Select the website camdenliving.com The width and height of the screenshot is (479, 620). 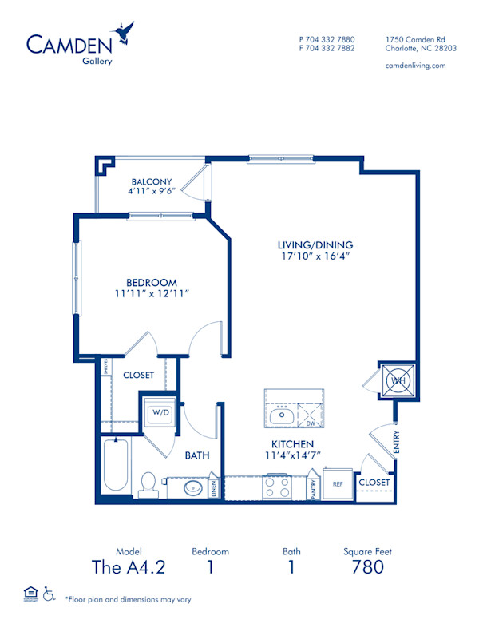coord(415,66)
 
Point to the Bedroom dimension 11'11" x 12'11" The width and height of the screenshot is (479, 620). coord(151,293)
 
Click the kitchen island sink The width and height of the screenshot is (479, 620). coord(282,415)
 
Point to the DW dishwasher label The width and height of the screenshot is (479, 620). coord(311,424)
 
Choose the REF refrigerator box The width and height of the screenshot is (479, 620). coord(338,483)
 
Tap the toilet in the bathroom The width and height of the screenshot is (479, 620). coord(148,483)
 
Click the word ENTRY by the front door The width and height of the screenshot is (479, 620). coord(397,443)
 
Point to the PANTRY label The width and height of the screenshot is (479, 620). coord(315,487)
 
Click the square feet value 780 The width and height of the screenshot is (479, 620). coord(367,567)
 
